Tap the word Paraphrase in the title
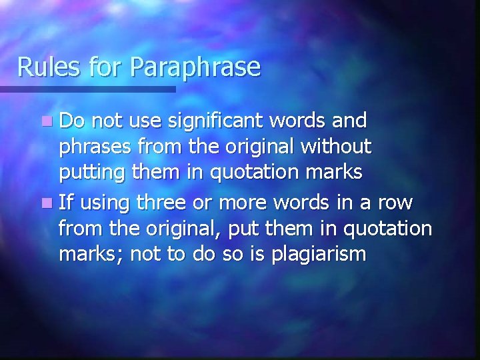click(x=196, y=67)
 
